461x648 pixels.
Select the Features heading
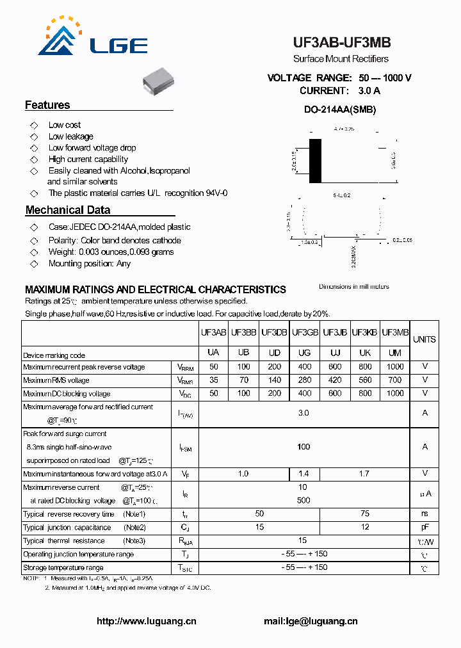tap(47, 105)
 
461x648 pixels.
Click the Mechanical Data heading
tap(68, 210)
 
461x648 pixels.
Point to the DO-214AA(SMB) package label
tap(340, 109)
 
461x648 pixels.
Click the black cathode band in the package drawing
tap(315, 160)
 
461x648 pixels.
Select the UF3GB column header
tap(305, 333)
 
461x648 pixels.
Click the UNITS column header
tap(425, 339)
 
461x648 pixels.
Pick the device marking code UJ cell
tap(335, 353)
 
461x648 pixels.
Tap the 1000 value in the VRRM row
tap(395, 367)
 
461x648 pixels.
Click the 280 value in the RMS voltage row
tap(305, 380)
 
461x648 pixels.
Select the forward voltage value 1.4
tap(305, 474)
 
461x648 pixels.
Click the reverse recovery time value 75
tap(364, 514)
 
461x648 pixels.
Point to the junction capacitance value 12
tap(364, 528)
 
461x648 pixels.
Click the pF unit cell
tap(425, 528)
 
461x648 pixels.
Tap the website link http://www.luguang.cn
tap(147, 621)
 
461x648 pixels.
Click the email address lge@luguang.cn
tap(311, 621)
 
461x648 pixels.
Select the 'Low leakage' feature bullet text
tap(71, 136)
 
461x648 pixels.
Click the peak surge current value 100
tap(303, 446)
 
